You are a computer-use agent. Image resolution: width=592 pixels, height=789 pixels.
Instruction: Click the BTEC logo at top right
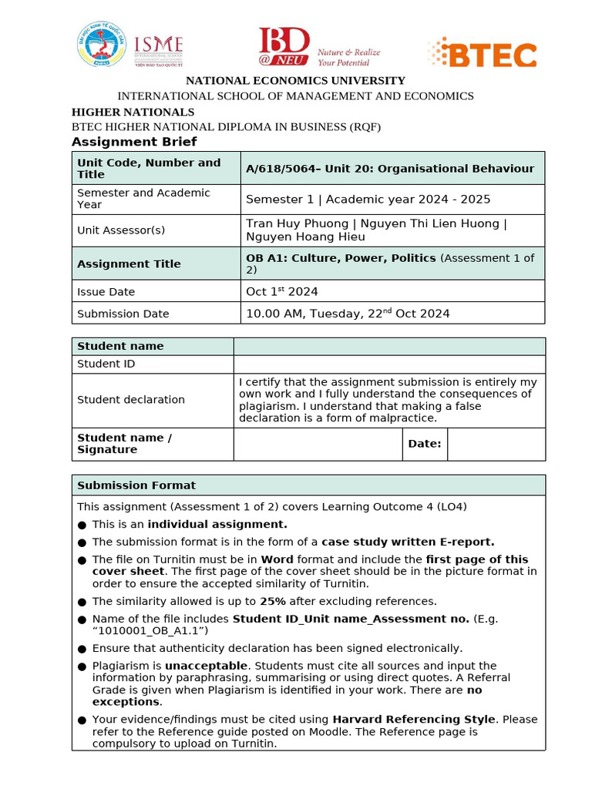(x=483, y=54)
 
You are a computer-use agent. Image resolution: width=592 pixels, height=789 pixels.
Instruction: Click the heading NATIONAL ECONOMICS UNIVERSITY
(x=295, y=80)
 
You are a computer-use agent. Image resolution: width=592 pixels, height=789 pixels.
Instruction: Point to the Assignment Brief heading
(x=134, y=142)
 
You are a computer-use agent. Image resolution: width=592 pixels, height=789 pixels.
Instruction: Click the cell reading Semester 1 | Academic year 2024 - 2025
(x=368, y=199)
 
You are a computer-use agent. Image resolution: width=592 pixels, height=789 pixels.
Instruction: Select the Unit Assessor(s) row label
(x=121, y=230)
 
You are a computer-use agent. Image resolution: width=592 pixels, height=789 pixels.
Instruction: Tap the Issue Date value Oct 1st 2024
(x=281, y=291)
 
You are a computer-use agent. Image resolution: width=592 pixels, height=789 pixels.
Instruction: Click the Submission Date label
(x=123, y=314)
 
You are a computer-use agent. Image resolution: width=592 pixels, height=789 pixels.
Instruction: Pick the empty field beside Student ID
(x=388, y=364)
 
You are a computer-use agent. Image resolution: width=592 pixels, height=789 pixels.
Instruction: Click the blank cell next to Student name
(x=388, y=346)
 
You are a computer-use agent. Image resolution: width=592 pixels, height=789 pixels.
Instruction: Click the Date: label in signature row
(x=424, y=444)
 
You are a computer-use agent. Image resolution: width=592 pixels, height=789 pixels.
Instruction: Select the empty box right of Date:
(x=496, y=444)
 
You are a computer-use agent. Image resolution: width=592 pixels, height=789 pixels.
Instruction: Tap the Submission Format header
(x=136, y=485)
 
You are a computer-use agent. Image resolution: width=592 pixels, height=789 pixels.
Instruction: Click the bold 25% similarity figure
(x=272, y=601)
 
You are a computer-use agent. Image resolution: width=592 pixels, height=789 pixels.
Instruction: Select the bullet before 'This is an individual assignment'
(x=82, y=525)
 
